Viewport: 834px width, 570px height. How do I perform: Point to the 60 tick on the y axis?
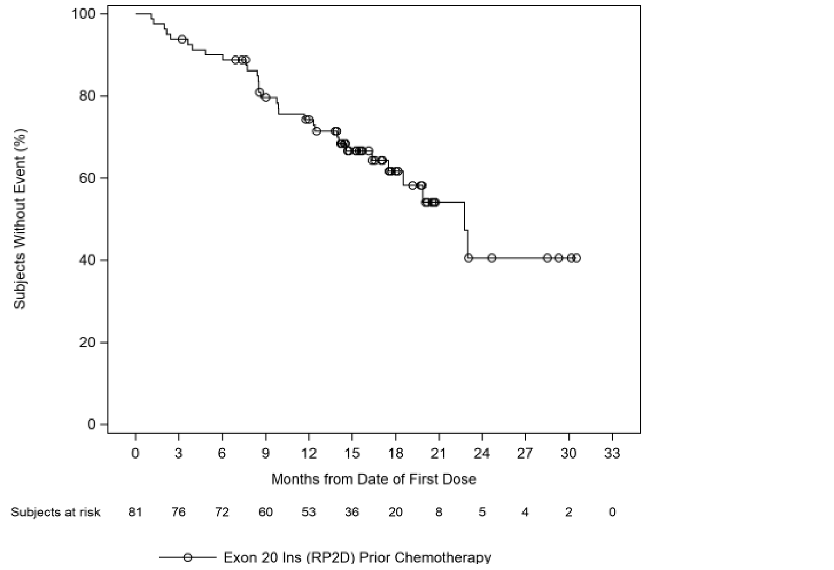click(x=87, y=178)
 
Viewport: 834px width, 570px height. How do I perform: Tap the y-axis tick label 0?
click(x=90, y=425)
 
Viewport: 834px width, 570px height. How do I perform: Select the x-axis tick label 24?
click(x=482, y=453)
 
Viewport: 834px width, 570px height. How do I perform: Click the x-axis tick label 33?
click(x=612, y=453)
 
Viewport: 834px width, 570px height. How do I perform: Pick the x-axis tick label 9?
click(x=265, y=453)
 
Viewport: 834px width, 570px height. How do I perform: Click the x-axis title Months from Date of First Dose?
click(x=374, y=480)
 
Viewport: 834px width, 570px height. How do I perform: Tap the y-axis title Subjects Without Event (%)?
click(x=20, y=218)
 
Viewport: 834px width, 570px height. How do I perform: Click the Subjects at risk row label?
click(x=56, y=512)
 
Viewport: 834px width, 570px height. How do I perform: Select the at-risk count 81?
click(x=135, y=512)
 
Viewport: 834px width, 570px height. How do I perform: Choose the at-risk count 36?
click(x=352, y=512)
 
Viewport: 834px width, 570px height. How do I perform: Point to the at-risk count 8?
click(x=439, y=512)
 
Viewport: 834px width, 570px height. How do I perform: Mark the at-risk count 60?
click(x=265, y=512)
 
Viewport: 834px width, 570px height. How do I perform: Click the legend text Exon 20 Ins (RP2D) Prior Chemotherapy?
click(x=357, y=557)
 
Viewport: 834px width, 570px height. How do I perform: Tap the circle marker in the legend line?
click(x=188, y=557)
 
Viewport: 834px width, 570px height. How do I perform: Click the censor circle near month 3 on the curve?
click(x=182, y=39)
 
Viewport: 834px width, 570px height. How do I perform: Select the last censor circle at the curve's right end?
click(x=577, y=258)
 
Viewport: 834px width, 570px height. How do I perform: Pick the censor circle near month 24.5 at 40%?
click(x=491, y=258)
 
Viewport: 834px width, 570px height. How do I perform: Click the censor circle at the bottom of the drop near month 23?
click(x=468, y=258)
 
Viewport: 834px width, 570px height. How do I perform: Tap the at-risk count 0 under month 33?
click(x=612, y=512)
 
